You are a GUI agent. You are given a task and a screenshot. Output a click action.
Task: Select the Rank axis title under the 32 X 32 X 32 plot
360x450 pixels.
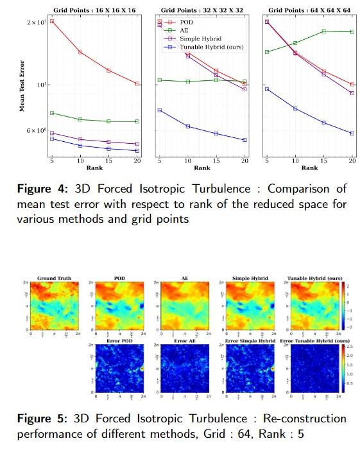click(x=201, y=168)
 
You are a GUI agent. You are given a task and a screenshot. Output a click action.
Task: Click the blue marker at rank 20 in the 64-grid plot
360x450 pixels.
click(x=352, y=134)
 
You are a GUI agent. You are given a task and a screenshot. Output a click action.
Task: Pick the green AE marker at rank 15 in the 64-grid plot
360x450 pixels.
click(x=323, y=31)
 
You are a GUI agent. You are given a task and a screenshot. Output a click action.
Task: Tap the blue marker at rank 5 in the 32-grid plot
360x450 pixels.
click(x=159, y=110)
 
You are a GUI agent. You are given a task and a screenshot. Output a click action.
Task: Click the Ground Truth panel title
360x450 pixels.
click(x=54, y=279)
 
